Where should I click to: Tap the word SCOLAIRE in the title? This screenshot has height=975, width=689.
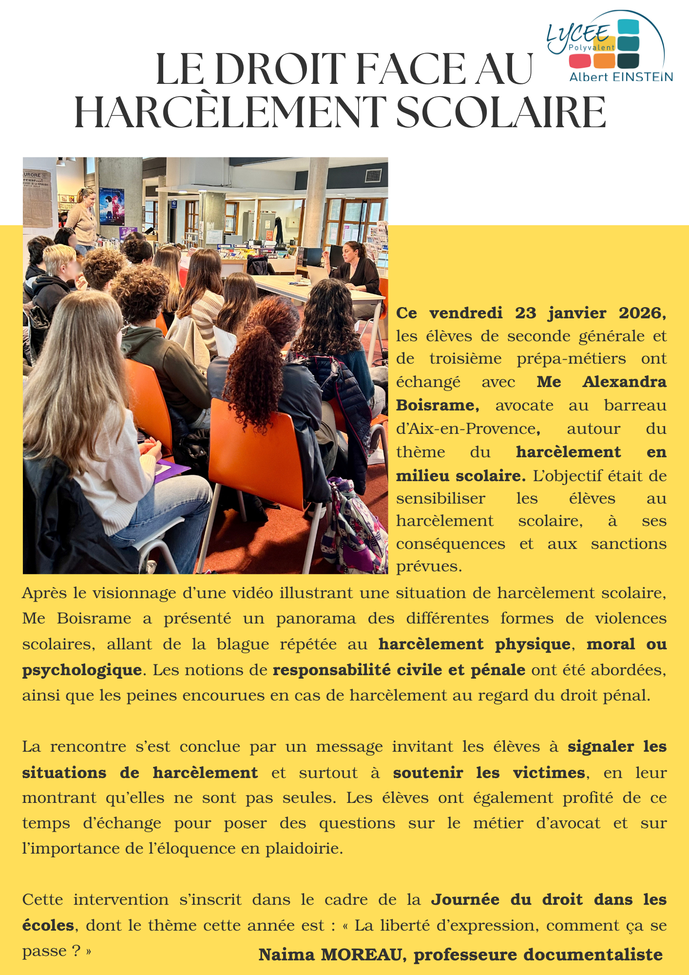pos(502,113)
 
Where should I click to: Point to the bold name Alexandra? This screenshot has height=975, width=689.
pos(624,382)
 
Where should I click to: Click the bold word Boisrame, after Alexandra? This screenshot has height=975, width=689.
pos(437,405)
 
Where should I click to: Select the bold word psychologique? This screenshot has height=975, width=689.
pos(82,670)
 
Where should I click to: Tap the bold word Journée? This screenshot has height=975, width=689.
pos(465,899)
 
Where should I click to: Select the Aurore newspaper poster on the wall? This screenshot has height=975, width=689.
pos(37,197)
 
